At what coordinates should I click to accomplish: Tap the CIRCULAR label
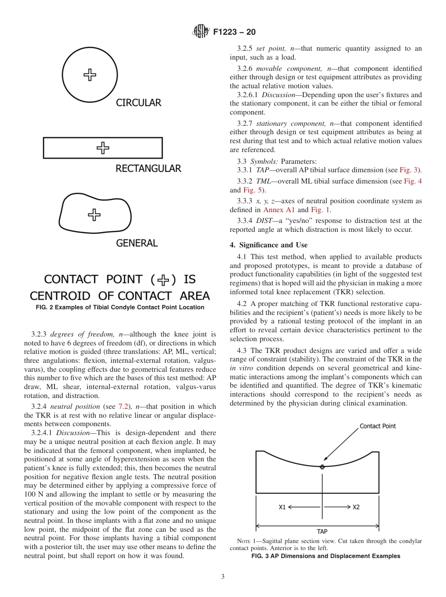pyautogui.click(x=138, y=103)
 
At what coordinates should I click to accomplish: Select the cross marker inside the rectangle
pyautogui.click(x=103, y=148)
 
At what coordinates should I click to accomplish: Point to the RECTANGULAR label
pyautogui.click(x=148, y=168)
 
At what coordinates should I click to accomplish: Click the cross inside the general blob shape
pyautogui.click(x=94, y=214)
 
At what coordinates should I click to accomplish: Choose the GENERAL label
pyautogui.click(x=137, y=243)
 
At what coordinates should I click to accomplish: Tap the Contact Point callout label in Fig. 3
pyautogui.click(x=377, y=426)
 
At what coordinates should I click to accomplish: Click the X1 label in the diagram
pyautogui.click(x=282, y=507)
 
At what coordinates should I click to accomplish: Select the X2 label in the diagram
pyautogui.click(x=356, y=507)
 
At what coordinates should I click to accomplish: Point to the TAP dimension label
pyautogui.click(x=322, y=532)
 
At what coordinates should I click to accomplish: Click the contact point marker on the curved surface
pyautogui.click(x=322, y=467)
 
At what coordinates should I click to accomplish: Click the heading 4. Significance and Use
pyautogui.click(x=269, y=245)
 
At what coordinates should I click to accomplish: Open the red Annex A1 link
pyautogui.click(x=279, y=210)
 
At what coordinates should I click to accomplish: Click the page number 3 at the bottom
pyautogui.click(x=223, y=577)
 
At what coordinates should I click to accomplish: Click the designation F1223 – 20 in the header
pyautogui.click(x=234, y=32)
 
